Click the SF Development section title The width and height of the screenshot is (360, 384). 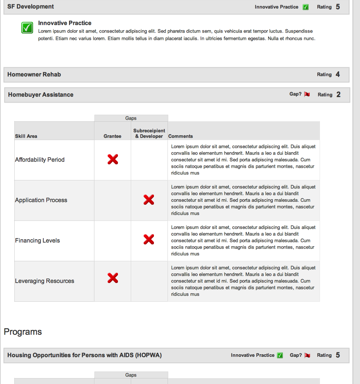(x=30, y=7)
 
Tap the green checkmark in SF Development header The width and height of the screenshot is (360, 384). (x=306, y=7)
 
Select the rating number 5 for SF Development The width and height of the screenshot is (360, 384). (x=338, y=7)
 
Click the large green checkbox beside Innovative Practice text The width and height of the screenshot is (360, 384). (x=28, y=28)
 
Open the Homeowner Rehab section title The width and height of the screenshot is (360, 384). (x=34, y=75)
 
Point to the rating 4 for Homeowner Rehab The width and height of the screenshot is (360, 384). (x=338, y=75)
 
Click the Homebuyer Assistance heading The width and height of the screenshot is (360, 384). (x=41, y=95)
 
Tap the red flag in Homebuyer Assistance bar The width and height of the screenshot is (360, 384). (x=307, y=94)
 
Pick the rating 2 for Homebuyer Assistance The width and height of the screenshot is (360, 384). (x=338, y=95)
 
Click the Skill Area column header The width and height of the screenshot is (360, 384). (x=26, y=136)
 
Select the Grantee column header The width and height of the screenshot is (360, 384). (x=112, y=136)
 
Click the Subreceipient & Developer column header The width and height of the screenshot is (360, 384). (x=149, y=133)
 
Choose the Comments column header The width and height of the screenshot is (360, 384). (x=180, y=136)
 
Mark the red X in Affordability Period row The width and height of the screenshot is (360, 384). (x=113, y=159)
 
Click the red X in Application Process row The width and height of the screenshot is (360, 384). (x=149, y=200)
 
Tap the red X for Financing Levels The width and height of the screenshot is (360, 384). (x=149, y=240)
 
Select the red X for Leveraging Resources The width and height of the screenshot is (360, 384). (x=113, y=278)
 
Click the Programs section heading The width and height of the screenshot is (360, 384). (x=23, y=332)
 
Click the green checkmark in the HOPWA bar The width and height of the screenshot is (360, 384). (x=280, y=355)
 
